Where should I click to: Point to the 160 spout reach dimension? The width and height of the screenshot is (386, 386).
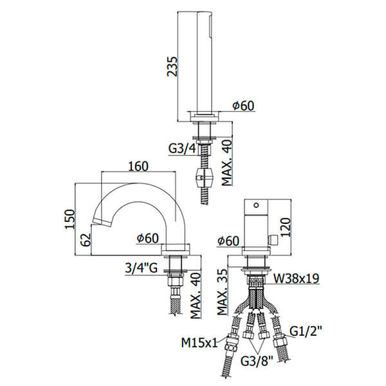(x=138, y=166)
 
